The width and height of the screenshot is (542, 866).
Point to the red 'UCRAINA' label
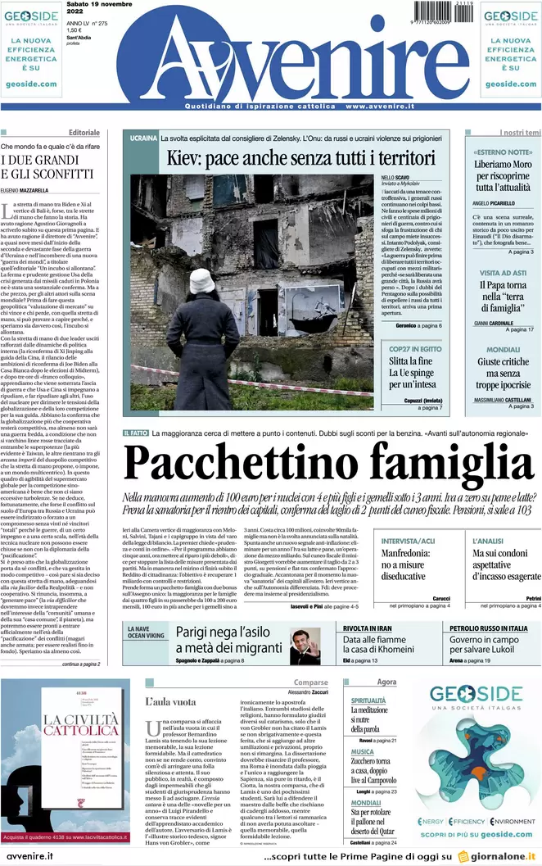pos(142,138)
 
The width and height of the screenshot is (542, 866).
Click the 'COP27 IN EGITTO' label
pos(415,348)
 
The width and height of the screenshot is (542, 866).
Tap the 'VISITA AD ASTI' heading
pos(503,272)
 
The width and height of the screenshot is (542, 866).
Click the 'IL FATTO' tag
pos(136,433)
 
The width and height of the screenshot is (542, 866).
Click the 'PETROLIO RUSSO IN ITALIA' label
pos(488,628)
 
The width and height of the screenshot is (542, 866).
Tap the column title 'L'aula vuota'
pos(170,701)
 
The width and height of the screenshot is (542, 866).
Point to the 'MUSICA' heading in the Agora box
pos(363,751)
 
